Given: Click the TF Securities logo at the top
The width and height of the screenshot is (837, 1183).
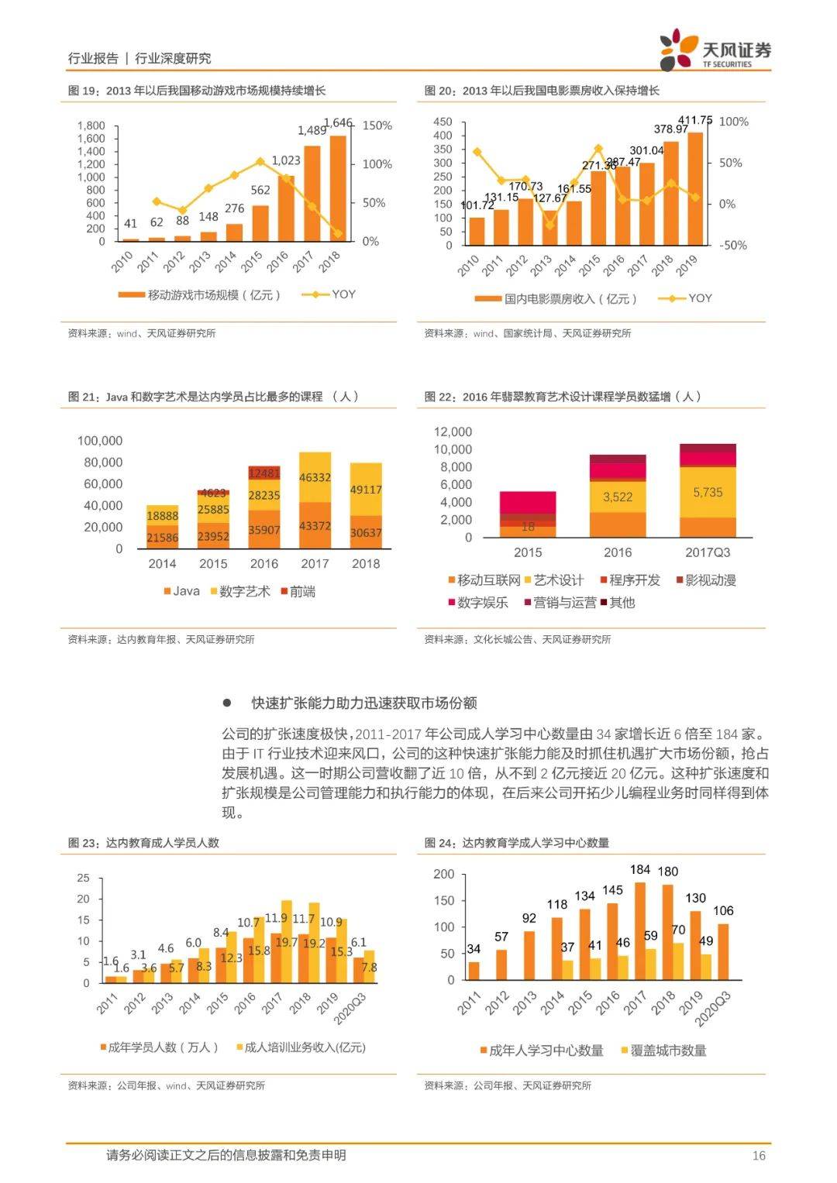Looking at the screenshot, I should (x=715, y=50).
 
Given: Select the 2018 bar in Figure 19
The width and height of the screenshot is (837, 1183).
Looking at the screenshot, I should (x=338, y=189).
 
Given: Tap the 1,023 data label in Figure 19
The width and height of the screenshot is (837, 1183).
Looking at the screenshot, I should (x=286, y=160).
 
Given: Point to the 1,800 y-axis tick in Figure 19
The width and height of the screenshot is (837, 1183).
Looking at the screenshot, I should (x=91, y=126).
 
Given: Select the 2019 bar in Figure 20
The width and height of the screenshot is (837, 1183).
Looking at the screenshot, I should (x=695, y=189).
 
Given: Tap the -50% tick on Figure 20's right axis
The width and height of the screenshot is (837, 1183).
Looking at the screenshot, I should (x=733, y=245).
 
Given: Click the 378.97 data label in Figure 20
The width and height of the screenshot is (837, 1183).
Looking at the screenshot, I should (x=671, y=129).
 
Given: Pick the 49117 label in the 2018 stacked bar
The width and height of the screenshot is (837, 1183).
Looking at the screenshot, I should (x=366, y=490).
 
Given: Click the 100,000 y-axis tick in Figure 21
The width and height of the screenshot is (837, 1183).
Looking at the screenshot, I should (x=100, y=441).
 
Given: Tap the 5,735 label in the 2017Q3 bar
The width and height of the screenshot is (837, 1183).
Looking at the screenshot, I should (x=708, y=492).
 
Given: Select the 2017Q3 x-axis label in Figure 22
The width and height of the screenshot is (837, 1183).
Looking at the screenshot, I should (x=708, y=552).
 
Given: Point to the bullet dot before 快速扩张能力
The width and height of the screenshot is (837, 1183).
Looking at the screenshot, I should (x=227, y=703).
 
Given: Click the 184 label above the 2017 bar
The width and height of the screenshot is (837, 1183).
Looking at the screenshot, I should (x=640, y=869).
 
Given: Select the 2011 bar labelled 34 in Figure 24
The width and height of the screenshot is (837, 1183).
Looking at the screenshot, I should (x=474, y=971).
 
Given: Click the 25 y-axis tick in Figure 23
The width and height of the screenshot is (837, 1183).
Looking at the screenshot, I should (x=84, y=878).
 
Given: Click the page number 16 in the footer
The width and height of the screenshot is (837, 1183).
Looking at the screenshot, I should (x=759, y=1156).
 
